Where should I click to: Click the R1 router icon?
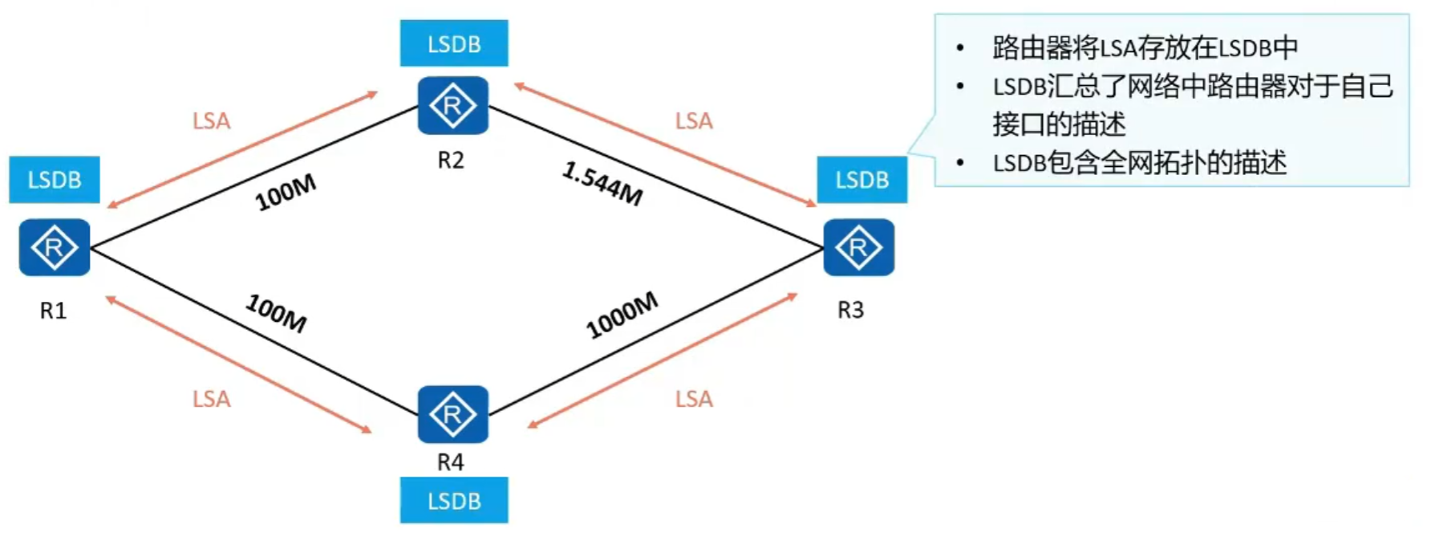pyautogui.click(x=55, y=247)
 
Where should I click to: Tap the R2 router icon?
pyautogui.click(x=453, y=105)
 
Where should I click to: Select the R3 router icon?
pyautogui.click(x=859, y=247)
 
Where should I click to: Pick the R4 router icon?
pyautogui.click(x=453, y=414)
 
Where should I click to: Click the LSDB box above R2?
pyautogui.click(x=454, y=43)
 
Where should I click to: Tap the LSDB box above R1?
pyautogui.click(x=55, y=179)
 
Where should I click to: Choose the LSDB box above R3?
pyautogui.click(x=862, y=179)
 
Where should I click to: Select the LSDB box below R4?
pyautogui.click(x=454, y=500)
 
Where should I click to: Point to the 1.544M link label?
pyautogui.click(x=602, y=184)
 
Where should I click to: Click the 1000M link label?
pyautogui.click(x=622, y=315)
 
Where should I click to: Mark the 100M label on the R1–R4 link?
pyautogui.click(x=276, y=313)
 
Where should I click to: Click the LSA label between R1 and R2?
pyautogui.click(x=212, y=121)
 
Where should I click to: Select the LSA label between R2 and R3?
pyautogui.click(x=694, y=121)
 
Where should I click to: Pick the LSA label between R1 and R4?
pyautogui.click(x=212, y=399)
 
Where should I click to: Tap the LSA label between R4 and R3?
pyautogui.click(x=694, y=399)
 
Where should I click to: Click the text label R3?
pyautogui.click(x=851, y=310)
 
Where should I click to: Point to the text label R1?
pyautogui.click(x=53, y=311)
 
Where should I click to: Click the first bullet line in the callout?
pyautogui.click(x=1145, y=48)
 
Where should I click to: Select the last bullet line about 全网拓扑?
pyautogui.click(x=1139, y=163)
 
